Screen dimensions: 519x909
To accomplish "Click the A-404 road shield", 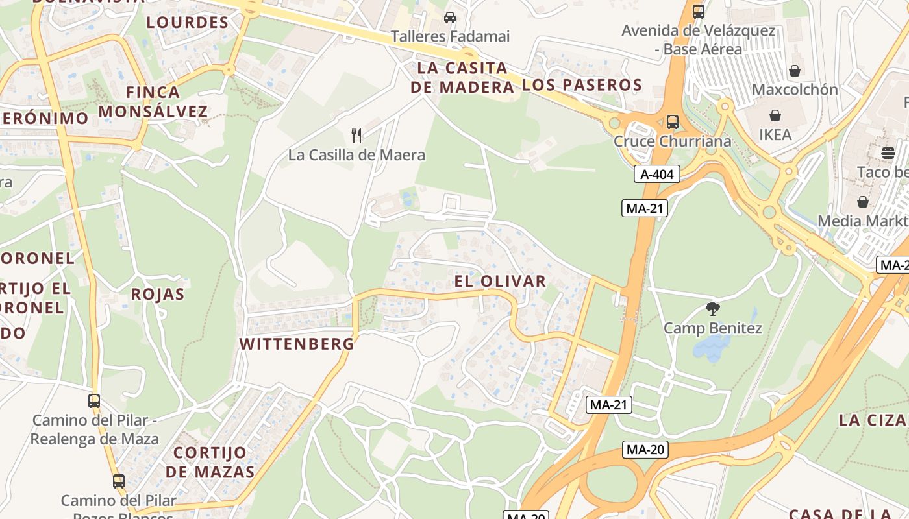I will pos(657,174).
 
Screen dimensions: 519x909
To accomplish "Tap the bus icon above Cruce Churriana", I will pos(673,121).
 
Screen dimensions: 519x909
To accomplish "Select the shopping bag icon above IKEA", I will pos(775,116).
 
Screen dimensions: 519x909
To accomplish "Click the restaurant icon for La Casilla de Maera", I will pos(356,135).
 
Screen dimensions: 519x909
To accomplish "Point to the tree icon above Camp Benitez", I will pos(712,308).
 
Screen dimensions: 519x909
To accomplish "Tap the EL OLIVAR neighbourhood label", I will pos(500,281).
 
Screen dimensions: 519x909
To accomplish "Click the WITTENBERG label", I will pos(297,344).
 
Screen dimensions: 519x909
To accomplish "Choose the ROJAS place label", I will pos(158,294).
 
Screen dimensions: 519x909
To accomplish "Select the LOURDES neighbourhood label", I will pos(187,23).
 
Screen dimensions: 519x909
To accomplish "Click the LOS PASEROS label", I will pos(582,84).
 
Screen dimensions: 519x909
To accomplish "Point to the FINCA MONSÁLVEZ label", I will pos(153,102).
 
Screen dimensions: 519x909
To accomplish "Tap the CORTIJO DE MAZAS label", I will pos(210,462).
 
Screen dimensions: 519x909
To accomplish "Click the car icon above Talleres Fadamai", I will pos(449,18).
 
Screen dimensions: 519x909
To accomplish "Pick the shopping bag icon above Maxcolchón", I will pos(795,70).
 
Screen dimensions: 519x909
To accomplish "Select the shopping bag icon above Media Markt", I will pos(862,202).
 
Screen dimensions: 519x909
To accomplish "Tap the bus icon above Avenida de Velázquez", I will pos(699,11).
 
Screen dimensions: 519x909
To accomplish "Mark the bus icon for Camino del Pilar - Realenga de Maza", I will pos(94,401).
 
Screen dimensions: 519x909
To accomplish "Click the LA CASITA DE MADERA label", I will pos(462,77).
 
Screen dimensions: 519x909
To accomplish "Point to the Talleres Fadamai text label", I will pos(450,36).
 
